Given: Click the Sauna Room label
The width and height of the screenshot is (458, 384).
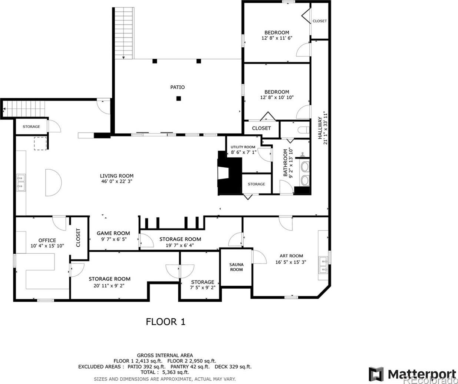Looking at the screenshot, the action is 236,267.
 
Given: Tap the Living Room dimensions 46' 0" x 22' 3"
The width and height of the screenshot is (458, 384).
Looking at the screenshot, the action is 117,181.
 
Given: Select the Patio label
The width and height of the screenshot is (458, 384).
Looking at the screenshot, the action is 178,87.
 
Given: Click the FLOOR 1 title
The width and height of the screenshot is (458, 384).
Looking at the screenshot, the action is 166,322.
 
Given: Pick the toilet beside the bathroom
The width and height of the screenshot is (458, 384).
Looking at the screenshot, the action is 304,130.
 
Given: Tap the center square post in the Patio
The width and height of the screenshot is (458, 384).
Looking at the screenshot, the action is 178,99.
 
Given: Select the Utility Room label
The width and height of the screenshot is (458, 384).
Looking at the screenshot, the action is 243,147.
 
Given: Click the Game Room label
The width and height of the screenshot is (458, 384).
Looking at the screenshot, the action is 113,233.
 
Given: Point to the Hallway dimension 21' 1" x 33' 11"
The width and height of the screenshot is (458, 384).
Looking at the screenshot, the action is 325,128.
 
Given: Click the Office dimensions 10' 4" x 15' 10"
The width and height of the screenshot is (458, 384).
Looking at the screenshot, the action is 47,246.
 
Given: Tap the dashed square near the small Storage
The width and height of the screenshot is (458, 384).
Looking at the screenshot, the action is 40,144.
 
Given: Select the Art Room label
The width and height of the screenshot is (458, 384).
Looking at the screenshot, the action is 291,256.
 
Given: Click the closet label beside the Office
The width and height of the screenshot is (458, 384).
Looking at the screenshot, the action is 78,238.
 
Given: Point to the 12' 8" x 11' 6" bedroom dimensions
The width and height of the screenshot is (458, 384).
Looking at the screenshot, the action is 277,38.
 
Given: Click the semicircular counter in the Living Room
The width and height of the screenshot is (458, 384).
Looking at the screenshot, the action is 53,183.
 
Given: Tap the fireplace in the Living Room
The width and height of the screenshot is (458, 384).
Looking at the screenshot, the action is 229,173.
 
